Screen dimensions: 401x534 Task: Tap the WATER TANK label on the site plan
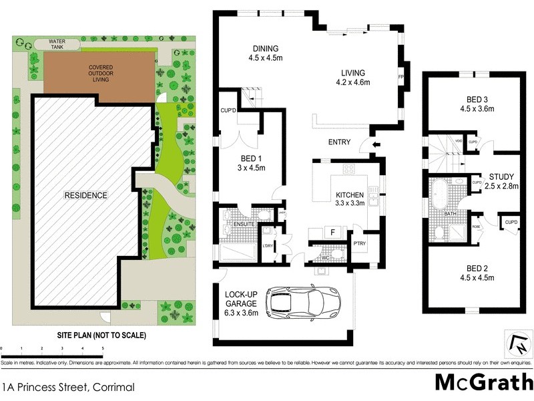coord(58,45)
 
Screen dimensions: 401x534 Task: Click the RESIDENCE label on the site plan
coord(85,195)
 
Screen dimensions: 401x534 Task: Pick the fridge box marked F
coord(331,232)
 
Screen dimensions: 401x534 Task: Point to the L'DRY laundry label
coord(268,246)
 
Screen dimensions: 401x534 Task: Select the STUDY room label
coord(501,181)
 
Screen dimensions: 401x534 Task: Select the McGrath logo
coord(483,383)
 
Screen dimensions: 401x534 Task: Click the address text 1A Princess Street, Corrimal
coord(68,387)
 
